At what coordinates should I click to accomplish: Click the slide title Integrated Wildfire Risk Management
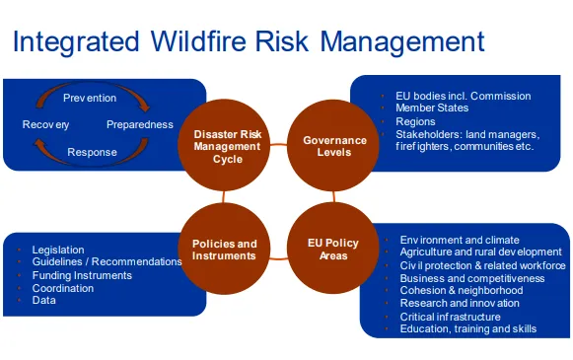point(248,42)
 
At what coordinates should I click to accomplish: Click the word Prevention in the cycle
point(90,98)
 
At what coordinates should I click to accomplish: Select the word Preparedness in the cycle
point(140,125)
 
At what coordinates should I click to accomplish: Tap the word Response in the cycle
point(92,152)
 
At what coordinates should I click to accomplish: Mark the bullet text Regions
point(416,121)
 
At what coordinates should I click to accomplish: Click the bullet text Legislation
point(58,250)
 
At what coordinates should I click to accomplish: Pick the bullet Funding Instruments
point(82,275)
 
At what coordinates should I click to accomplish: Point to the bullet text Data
point(44,300)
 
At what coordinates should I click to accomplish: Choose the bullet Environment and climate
point(461,240)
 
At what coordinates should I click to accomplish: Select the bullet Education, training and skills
point(468,329)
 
